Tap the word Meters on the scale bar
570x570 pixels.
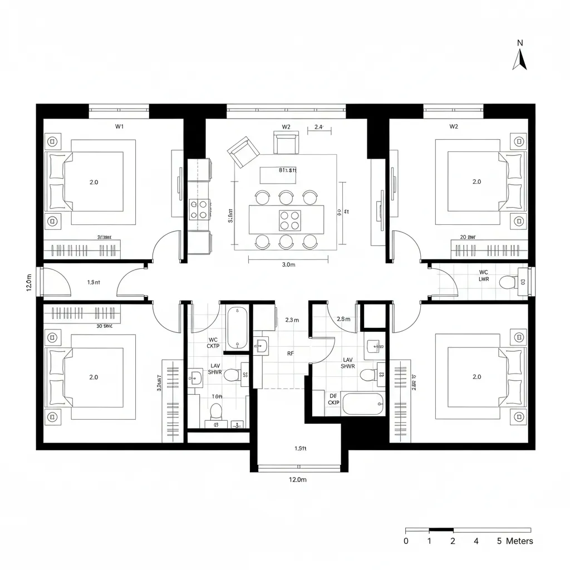tap(519, 541)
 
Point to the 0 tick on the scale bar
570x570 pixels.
tap(406, 541)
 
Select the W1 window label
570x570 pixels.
tap(119, 126)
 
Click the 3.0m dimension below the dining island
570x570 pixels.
tap(288, 265)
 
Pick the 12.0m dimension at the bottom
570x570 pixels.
tap(298, 479)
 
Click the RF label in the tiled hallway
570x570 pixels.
tap(291, 353)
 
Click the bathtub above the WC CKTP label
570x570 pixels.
tap(238, 328)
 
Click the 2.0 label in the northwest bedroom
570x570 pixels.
tap(94, 182)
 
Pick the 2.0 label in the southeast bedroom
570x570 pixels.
tap(476, 377)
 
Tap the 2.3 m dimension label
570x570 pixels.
tap(292, 320)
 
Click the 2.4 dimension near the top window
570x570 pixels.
tap(318, 127)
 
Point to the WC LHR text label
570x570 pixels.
tap(484, 276)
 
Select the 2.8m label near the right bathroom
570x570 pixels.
tap(343, 319)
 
